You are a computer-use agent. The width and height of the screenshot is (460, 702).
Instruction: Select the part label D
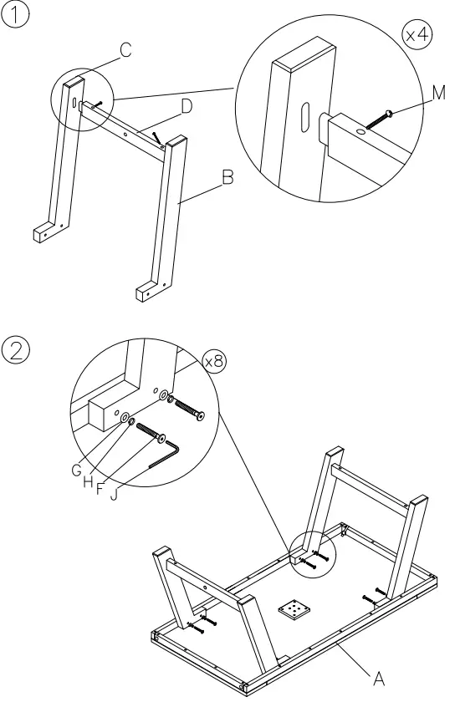click(187, 106)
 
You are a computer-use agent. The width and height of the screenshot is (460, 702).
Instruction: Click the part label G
click(77, 471)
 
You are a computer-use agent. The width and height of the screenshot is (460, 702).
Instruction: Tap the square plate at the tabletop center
click(295, 611)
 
